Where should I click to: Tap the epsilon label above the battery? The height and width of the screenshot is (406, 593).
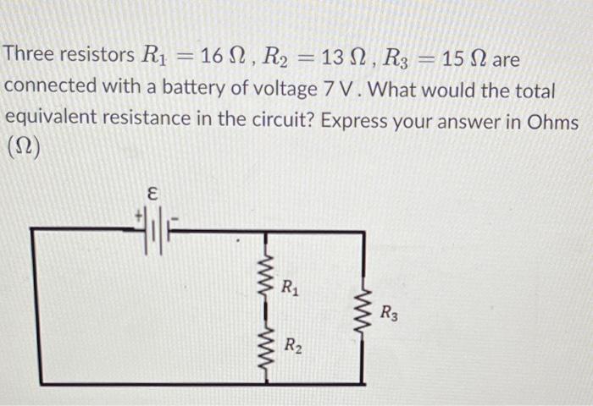(x=153, y=195)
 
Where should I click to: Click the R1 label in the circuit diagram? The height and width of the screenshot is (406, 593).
(x=291, y=288)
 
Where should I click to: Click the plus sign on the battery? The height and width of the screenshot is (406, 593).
(x=136, y=217)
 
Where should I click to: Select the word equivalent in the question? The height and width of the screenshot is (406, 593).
(x=52, y=121)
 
